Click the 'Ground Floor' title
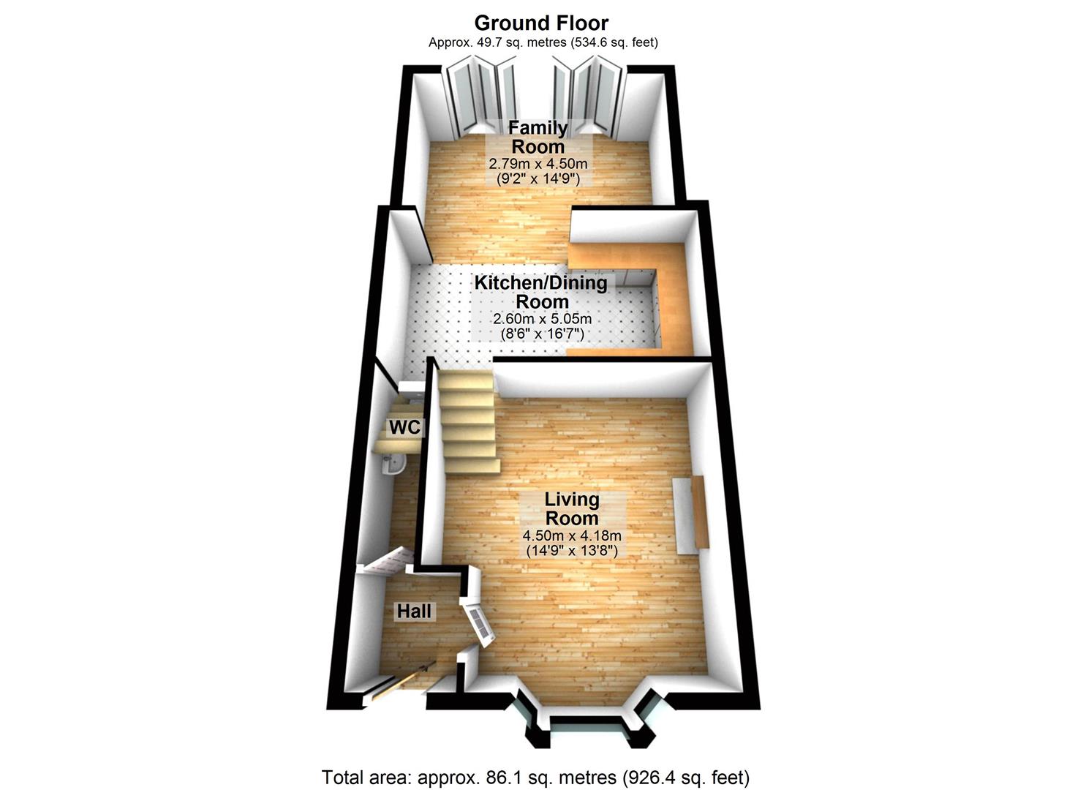(x=541, y=23)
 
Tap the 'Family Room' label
(x=538, y=137)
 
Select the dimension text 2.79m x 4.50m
(x=538, y=163)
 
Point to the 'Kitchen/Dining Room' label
(x=541, y=292)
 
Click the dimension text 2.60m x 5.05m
(x=542, y=319)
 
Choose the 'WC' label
(x=404, y=427)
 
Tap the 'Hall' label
(x=415, y=611)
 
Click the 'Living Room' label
(x=572, y=508)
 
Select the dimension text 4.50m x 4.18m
(x=572, y=535)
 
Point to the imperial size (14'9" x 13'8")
(x=572, y=550)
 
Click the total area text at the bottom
(x=535, y=777)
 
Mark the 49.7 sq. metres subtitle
(x=543, y=42)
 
